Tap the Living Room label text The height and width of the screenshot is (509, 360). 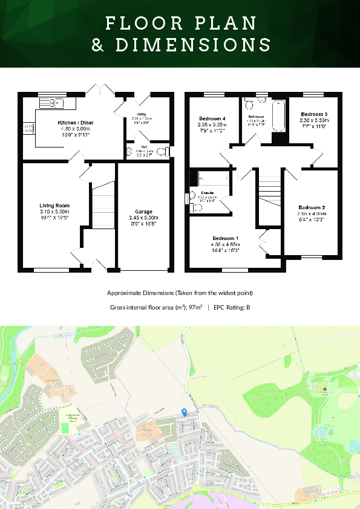click(x=54, y=206)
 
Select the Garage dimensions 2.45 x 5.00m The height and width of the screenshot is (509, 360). click(x=143, y=218)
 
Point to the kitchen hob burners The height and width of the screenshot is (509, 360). click(x=28, y=128)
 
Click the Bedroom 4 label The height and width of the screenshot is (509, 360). click(x=211, y=118)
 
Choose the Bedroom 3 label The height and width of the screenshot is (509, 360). click(x=314, y=114)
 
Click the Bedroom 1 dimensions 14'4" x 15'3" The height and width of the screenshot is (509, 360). click(x=234, y=250)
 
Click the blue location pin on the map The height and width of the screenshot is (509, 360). click(x=184, y=412)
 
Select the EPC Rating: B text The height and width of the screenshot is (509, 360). click(x=232, y=308)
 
